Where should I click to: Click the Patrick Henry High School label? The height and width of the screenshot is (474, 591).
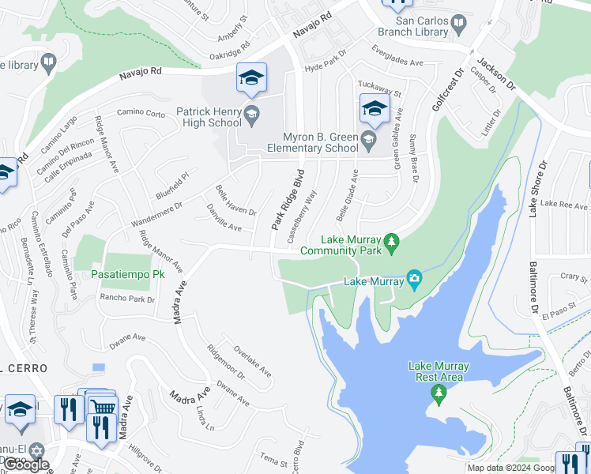(x=209, y=117)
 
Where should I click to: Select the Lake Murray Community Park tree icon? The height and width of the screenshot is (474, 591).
(x=390, y=240)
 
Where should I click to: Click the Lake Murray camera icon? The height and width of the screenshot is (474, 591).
(x=413, y=278)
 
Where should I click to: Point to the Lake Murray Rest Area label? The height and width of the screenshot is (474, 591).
(x=439, y=371)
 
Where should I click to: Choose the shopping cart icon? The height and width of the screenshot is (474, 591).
(x=103, y=408)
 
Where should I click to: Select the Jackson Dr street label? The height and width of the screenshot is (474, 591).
(x=494, y=72)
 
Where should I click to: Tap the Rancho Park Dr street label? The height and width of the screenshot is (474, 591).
(x=126, y=299)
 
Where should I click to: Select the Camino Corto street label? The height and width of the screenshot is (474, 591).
(x=141, y=114)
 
